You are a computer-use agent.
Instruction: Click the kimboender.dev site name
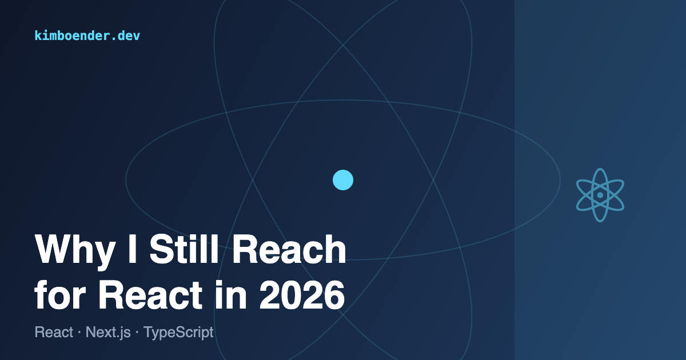(87, 35)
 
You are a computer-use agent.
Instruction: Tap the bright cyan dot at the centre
(343, 180)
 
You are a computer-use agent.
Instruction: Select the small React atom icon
(600, 195)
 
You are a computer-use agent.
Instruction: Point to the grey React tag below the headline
(54, 332)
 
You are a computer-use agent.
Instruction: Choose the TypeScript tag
(178, 332)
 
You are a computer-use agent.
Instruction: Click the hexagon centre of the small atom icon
(600, 195)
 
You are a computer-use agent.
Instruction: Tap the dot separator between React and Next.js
(79, 333)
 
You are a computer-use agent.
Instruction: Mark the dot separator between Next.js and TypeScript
(138, 333)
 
